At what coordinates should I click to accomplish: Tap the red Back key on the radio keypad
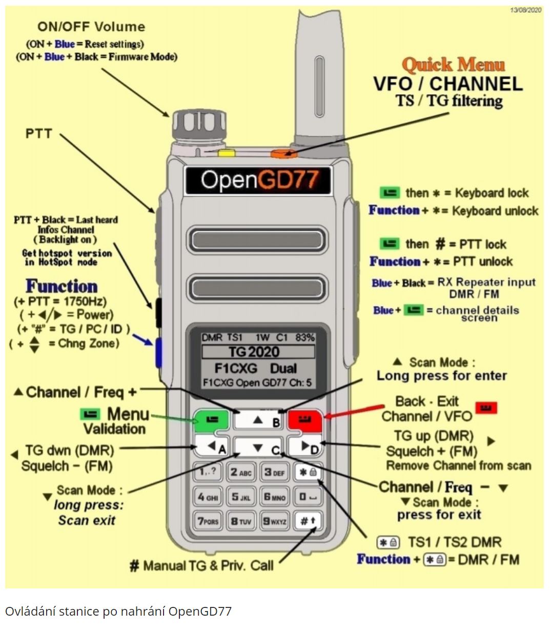point(304,420)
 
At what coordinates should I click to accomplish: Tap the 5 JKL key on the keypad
point(240,497)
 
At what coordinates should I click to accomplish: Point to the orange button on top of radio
point(280,153)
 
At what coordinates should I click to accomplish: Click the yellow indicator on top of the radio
point(226,152)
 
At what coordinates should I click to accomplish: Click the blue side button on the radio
point(158,353)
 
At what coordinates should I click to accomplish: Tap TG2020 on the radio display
point(258,352)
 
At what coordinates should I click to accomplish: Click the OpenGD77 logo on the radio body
point(258,180)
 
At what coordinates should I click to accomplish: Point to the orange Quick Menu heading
point(454,65)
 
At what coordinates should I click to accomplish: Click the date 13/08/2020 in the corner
point(525,10)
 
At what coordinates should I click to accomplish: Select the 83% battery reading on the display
point(305,338)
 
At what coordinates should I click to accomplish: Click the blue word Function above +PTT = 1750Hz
point(62,286)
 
